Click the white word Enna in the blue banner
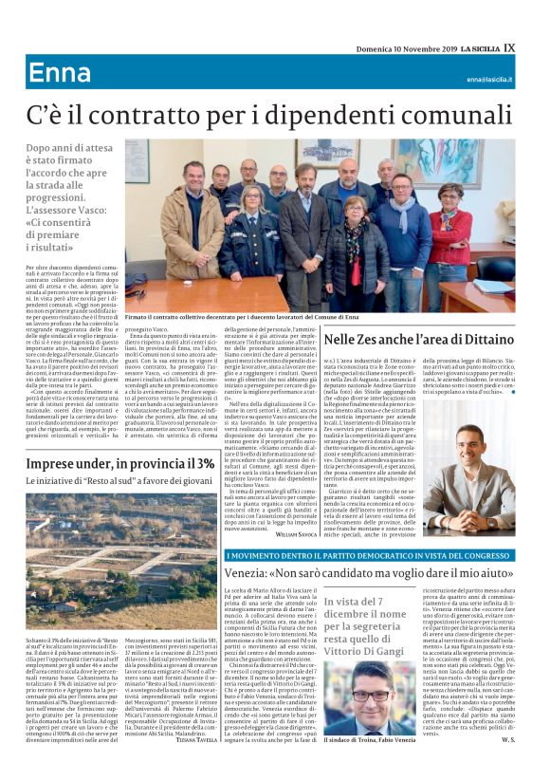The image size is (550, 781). coord(55,73)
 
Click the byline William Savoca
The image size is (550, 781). coord(292,535)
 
